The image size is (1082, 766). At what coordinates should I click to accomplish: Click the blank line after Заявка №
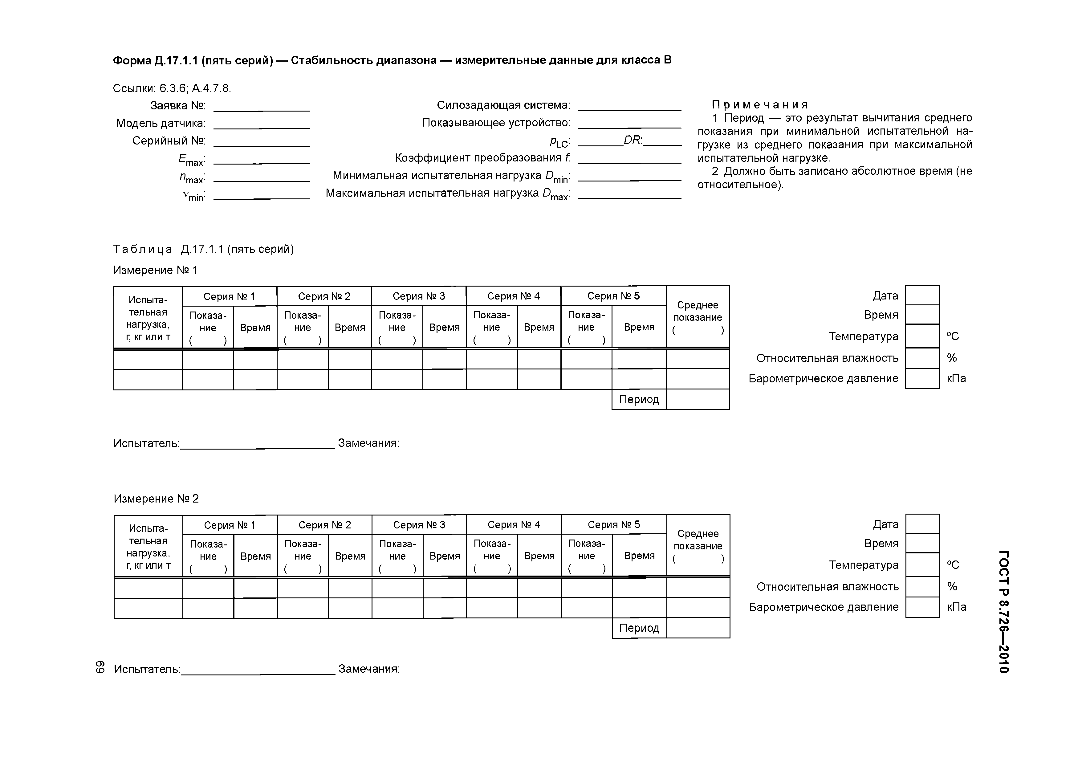[x=262, y=108]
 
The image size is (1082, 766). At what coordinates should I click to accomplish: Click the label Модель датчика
[x=161, y=123]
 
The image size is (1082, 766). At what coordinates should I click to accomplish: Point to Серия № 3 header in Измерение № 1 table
[x=418, y=296]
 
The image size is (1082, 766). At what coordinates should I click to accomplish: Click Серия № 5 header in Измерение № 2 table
[x=614, y=524]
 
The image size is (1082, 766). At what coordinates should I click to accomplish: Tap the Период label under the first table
[x=639, y=400]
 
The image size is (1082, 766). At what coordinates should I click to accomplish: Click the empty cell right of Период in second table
[x=698, y=628]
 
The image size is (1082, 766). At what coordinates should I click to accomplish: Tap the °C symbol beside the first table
[x=953, y=336]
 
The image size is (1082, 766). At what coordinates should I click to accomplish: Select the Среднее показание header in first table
[x=698, y=311]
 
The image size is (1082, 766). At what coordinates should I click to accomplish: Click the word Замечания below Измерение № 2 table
[x=368, y=669]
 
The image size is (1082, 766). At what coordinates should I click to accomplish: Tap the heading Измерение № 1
[x=155, y=270]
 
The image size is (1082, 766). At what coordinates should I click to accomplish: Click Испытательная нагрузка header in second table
[x=148, y=547]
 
